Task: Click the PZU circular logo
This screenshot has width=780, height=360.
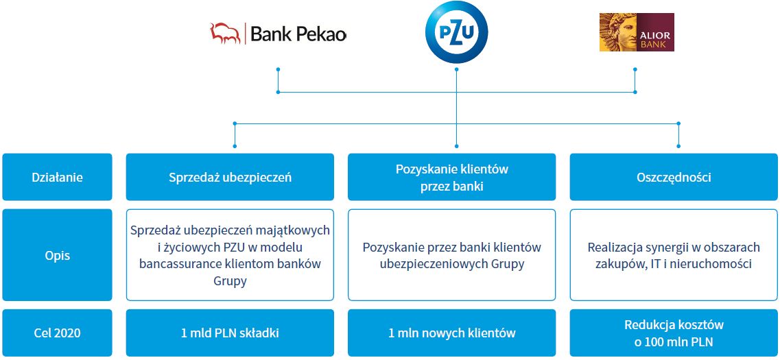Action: point(456,32)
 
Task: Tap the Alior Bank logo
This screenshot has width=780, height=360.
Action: point(637,32)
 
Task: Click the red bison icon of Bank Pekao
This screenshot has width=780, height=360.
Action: point(225,33)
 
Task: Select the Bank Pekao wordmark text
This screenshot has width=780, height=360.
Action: point(298,34)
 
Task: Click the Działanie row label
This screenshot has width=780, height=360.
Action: point(57,177)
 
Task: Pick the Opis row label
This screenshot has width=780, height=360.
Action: point(57,255)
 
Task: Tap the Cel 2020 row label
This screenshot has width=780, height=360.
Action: point(57,333)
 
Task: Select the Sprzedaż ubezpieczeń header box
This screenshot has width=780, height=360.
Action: point(230,177)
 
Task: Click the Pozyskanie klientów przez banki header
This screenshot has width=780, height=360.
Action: point(452,177)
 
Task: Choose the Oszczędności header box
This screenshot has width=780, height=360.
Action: point(674,177)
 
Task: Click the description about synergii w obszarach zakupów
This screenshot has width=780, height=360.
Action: point(674,255)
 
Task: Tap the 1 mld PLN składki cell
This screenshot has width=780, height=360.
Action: point(230,333)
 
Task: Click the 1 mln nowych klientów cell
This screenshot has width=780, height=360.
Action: point(452,333)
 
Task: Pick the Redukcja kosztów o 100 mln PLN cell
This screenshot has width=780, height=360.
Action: point(674,333)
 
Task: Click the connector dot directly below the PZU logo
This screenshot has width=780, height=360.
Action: point(457,69)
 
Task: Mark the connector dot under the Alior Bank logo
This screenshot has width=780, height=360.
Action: point(635,69)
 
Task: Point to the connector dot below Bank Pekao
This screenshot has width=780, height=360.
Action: point(278,69)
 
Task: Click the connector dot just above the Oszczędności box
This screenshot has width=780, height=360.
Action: point(678,146)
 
